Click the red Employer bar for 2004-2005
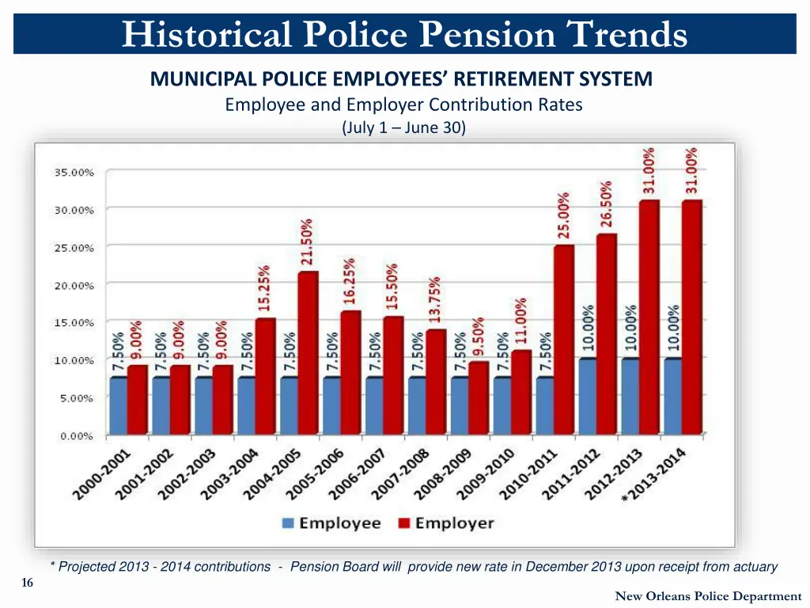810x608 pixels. click(308, 353)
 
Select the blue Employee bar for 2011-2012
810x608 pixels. click(587, 396)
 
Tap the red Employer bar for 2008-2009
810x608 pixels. click(479, 397)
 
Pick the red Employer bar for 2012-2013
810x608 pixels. click(649, 317)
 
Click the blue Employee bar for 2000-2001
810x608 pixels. click(118, 405)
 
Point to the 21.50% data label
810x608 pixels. click(307, 241)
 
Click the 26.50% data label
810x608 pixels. click(607, 203)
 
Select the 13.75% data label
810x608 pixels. click(435, 299)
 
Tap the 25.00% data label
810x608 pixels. click(563, 215)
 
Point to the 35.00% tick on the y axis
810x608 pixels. click(74, 172)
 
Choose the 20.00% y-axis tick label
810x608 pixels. click(74, 285)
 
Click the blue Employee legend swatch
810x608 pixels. click(288, 523)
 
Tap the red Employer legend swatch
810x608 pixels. click(403, 523)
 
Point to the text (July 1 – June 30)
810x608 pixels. click(403, 127)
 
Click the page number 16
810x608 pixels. click(28, 583)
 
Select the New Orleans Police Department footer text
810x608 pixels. click(708, 596)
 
